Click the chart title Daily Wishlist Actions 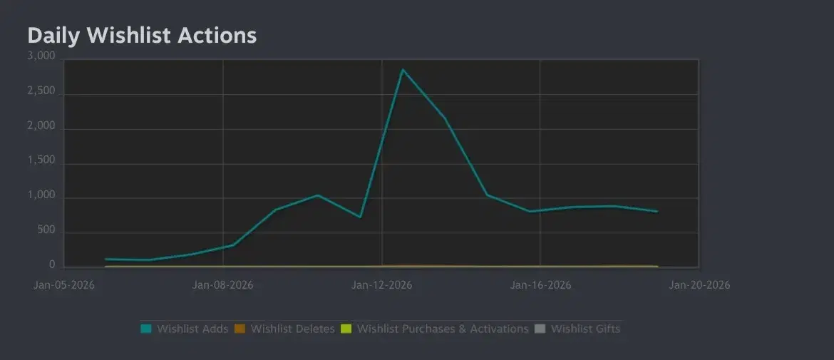pyautogui.click(x=142, y=36)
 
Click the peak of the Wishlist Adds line pyautogui.click(x=403, y=69)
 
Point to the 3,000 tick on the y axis pyautogui.click(x=41, y=56)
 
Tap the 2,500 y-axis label pyautogui.click(x=41, y=91)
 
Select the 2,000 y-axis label pyautogui.click(x=41, y=126)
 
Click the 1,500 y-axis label pyautogui.click(x=41, y=161)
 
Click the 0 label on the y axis pyautogui.click(x=52, y=265)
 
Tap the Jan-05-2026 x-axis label pyautogui.click(x=64, y=285)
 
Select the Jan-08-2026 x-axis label pyautogui.click(x=223, y=285)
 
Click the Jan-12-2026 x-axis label pyautogui.click(x=382, y=285)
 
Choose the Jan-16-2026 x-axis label pyautogui.click(x=541, y=285)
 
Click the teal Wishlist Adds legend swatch pyautogui.click(x=146, y=329)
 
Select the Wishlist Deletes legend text pyautogui.click(x=292, y=329)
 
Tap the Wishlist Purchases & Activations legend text pyautogui.click(x=443, y=329)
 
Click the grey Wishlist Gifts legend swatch pyautogui.click(x=540, y=329)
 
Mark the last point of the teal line pyautogui.click(x=657, y=212)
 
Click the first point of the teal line pyautogui.click(x=105, y=259)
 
